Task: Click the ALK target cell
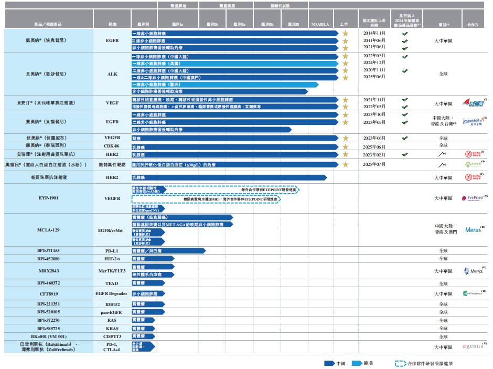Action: coord(112,74)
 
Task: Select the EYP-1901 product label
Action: coord(49,198)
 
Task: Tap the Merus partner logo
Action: coord(475,230)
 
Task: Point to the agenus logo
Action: coord(475,346)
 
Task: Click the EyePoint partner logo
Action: coord(474,198)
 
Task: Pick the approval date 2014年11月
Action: coord(374,33)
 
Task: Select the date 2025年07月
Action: coord(374,164)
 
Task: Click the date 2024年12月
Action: coord(374,62)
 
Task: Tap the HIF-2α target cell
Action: coord(112,259)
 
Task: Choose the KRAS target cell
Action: coord(112,328)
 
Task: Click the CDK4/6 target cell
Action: coord(112,145)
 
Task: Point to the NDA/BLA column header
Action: coord(320,24)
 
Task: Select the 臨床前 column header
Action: coord(143,24)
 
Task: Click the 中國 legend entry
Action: coord(335,363)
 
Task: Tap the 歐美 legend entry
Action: coord(362,363)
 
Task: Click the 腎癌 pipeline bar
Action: coord(234,138)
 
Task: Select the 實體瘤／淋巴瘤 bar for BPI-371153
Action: coord(168,251)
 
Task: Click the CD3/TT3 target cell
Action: coord(112,336)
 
